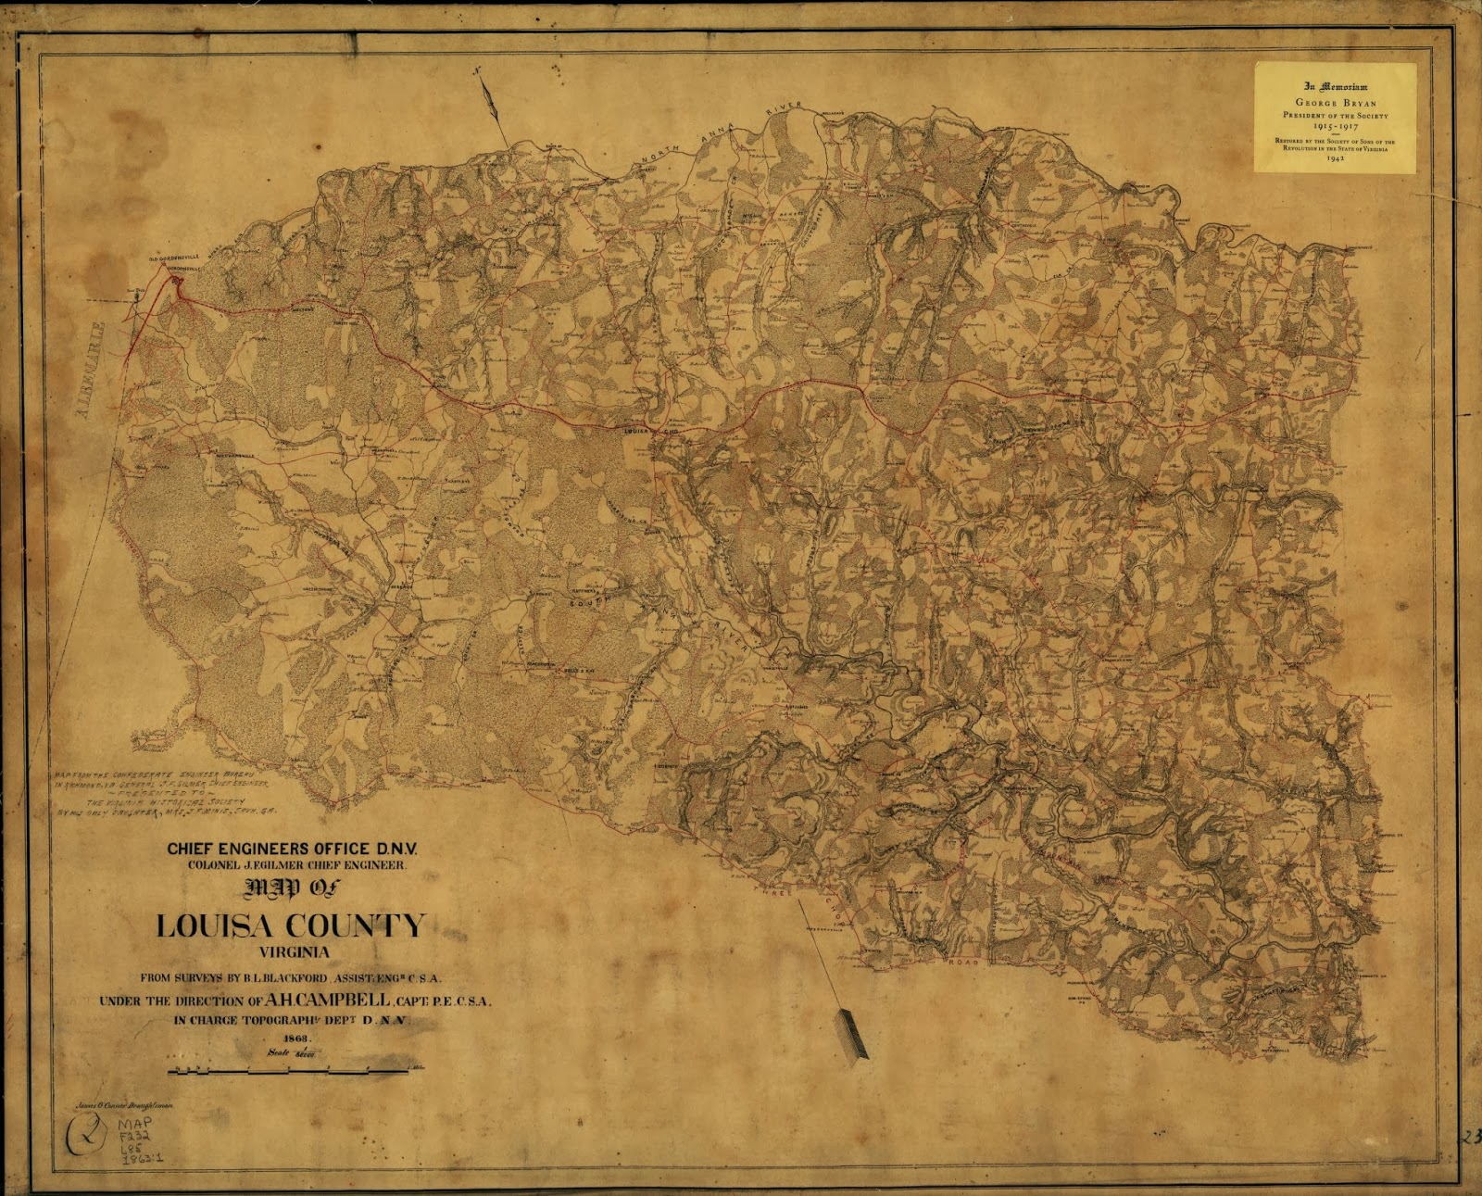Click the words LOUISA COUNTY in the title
(x=291, y=925)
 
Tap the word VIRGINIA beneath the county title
(x=295, y=952)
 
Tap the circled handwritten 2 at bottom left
(x=87, y=1134)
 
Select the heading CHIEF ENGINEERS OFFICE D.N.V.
(x=292, y=848)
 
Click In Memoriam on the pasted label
(x=1335, y=86)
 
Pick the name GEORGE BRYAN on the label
(x=1335, y=103)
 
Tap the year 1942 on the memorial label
(x=1335, y=158)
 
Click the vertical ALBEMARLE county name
(x=90, y=369)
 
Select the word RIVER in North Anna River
(x=784, y=110)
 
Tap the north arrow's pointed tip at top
(x=475, y=69)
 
